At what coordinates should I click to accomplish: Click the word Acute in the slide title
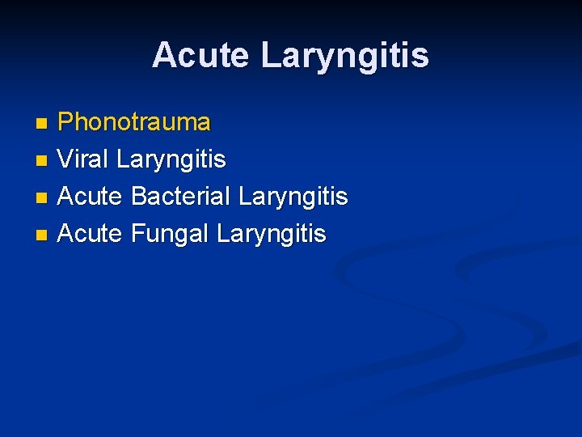point(202,56)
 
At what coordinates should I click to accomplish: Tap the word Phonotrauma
point(134,122)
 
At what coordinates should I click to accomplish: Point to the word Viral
point(84,159)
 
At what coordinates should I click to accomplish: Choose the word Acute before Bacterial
point(90,197)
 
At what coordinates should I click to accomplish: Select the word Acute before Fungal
point(90,234)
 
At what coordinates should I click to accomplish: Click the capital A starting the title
point(164,56)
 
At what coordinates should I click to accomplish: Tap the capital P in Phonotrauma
point(66,122)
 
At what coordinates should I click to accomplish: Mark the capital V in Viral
point(66,159)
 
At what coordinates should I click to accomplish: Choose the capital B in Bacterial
point(138,197)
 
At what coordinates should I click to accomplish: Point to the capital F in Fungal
point(137,234)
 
